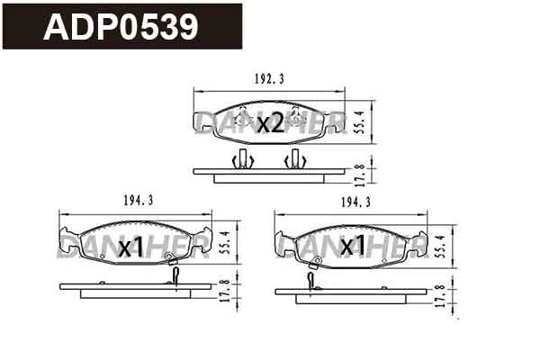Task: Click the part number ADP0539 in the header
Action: coord(121,26)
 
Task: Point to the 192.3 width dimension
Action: coord(270,79)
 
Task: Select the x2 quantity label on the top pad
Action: coord(270,123)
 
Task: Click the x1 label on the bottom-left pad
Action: coord(132,247)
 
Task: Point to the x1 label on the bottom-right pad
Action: coord(352,245)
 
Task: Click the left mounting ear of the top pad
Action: coord(202,124)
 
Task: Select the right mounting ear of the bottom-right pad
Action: coord(419,243)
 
